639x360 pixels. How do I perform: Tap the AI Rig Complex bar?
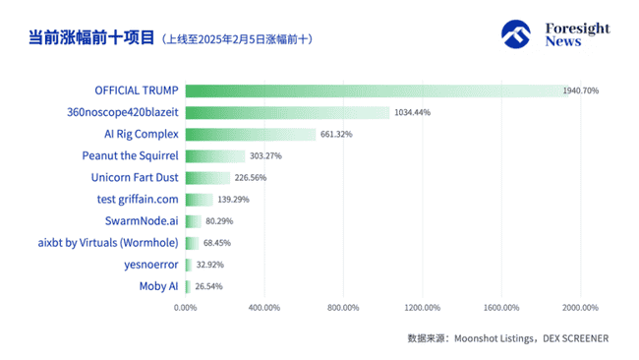[251, 134]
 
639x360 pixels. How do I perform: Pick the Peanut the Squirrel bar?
[215, 155]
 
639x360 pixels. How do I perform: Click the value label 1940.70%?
[581, 90]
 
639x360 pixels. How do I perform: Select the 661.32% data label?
[336, 134]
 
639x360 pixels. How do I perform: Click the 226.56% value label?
[250, 178]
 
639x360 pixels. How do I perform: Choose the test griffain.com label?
[137, 200]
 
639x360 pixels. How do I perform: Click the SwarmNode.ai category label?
[142, 221]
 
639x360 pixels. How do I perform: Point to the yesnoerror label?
[148, 265]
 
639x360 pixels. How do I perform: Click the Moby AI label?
[158, 286]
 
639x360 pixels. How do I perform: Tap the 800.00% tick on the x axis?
[343, 308]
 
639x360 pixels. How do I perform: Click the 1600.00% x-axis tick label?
[501, 308]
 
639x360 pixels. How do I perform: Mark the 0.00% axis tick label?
[185, 308]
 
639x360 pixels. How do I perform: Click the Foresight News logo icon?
[516, 35]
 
